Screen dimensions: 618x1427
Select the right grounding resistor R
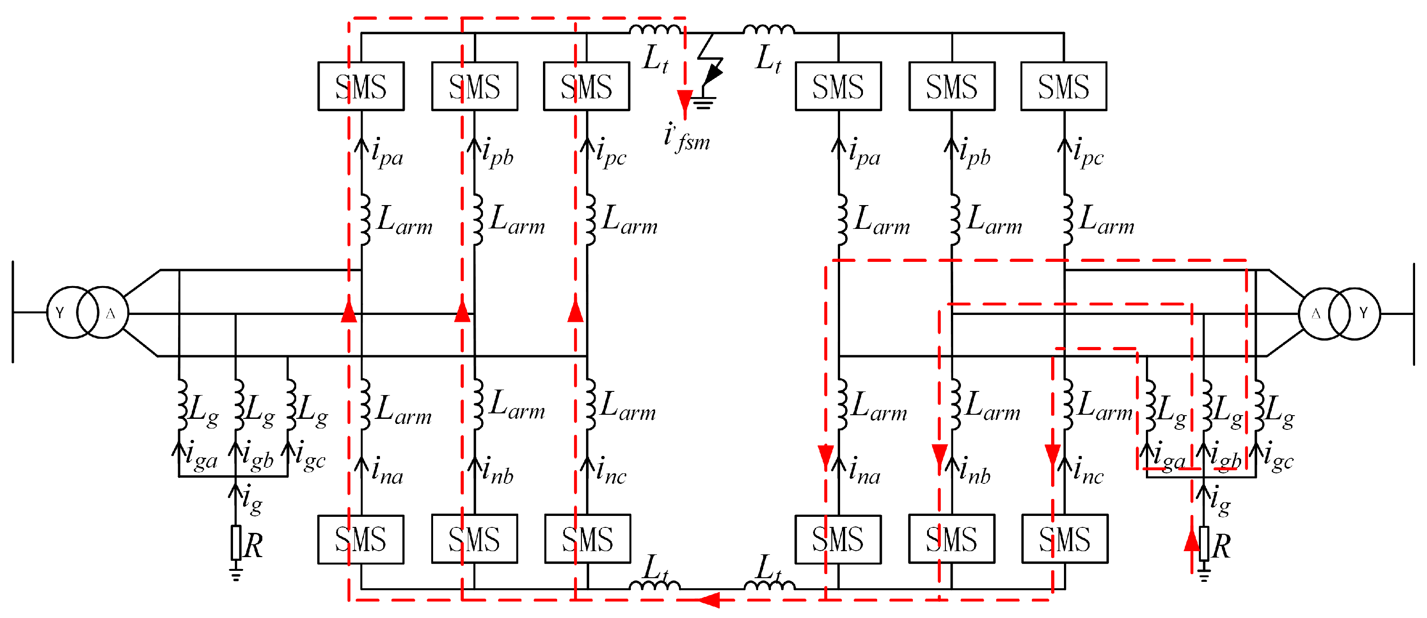tap(1204, 544)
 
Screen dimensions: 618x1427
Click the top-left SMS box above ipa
tap(361, 87)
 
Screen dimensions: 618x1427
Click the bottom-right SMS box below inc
tap(1064, 539)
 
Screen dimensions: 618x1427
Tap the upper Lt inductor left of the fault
tap(655, 29)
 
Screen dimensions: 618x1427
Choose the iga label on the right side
tap(1168, 456)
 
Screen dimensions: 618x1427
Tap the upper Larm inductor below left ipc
tap(591, 219)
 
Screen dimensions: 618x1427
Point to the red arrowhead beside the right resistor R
tap(1191, 540)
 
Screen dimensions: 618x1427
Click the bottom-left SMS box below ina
tap(361, 539)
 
